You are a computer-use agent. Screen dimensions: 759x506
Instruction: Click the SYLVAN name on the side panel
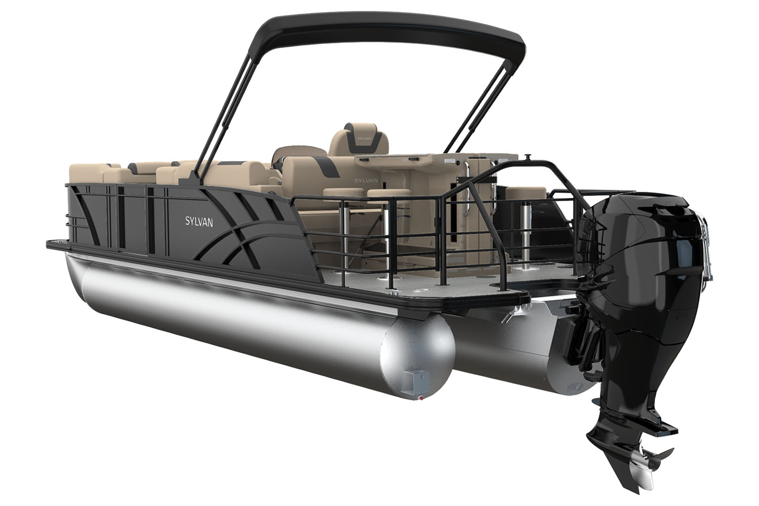tap(199, 222)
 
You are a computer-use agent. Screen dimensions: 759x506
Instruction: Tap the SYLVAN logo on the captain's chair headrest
tap(364, 138)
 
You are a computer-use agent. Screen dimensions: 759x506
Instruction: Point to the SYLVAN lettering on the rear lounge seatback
tap(366, 181)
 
